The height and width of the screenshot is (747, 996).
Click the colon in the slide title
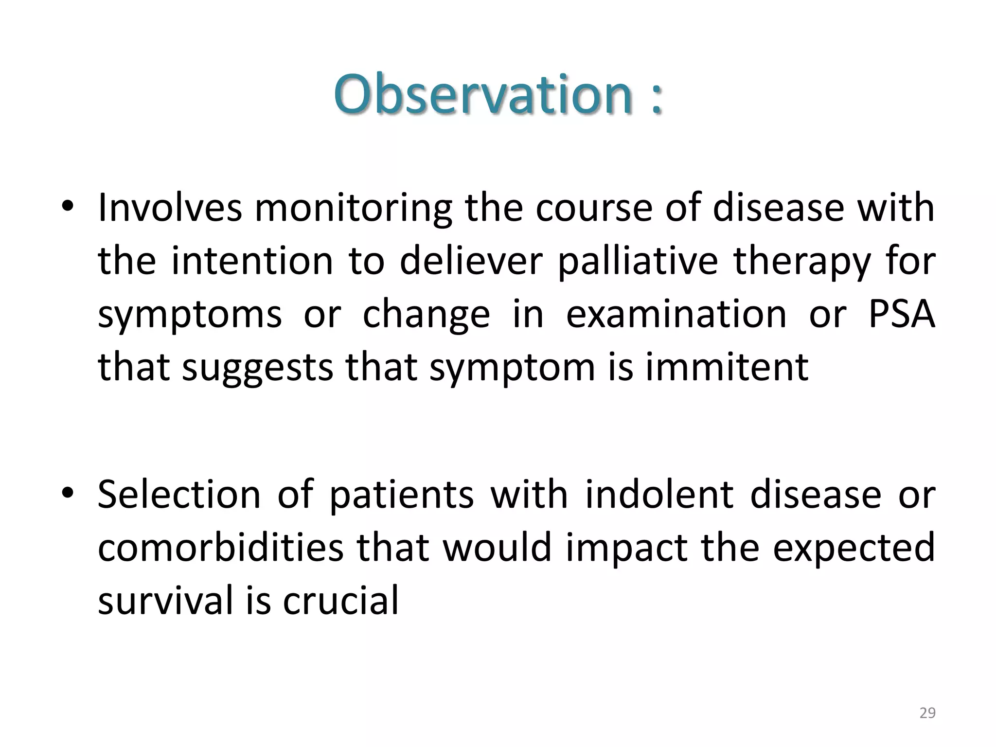coord(656,97)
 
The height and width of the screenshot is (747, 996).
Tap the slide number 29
coord(927,713)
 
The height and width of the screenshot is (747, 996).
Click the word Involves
coord(170,208)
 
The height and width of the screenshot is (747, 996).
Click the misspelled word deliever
coord(470,262)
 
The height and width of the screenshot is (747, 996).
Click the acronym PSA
coord(901,314)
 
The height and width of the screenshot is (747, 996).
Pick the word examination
coord(676,314)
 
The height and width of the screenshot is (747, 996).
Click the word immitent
coord(727,367)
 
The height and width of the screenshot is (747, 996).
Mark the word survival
coord(165,599)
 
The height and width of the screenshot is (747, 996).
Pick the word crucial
coord(340,599)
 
